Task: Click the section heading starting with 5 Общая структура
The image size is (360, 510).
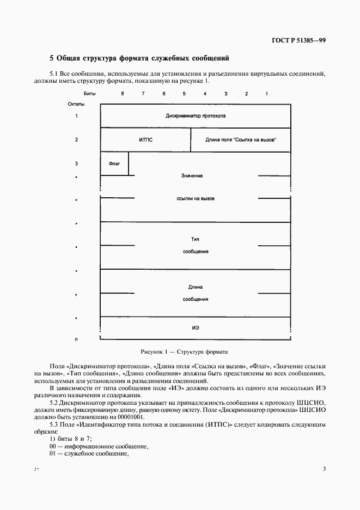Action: click(139, 58)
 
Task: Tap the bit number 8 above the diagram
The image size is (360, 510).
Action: click(123, 94)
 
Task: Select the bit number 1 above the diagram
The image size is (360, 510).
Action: click(267, 94)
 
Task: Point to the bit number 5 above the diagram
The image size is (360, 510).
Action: click(184, 94)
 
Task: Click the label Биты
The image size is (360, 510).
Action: click(89, 94)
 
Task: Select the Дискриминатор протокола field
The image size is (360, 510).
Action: click(196, 116)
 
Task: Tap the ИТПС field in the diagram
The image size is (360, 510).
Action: click(146, 140)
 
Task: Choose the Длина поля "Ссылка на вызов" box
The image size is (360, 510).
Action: click(241, 140)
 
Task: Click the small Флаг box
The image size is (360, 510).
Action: click(114, 164)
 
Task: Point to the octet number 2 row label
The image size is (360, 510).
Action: click(76, 139)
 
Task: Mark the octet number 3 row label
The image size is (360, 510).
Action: click(76, 163)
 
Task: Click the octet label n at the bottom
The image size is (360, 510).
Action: click(76, 339)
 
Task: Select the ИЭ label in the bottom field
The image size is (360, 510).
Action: click(196, 327)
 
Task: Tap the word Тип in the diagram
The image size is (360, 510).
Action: click(196, 239)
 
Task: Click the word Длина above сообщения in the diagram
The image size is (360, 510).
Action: click(196, 287)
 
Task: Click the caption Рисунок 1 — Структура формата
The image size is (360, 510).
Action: click(184, 353)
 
